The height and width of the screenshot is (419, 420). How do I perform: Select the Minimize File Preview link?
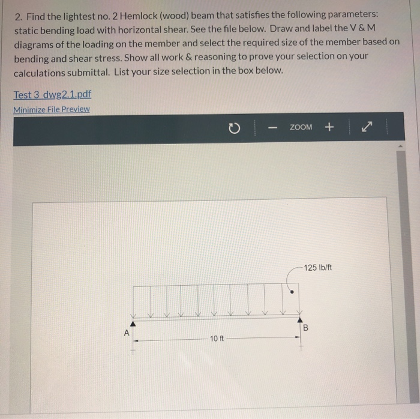[52, 109]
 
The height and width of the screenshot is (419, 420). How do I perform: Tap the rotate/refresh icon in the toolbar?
[235, 128]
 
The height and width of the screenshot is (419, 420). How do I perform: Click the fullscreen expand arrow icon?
[367, 127]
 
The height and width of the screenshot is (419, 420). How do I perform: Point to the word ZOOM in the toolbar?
[301, 127]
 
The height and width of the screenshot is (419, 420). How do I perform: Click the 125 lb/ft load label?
[317, 267]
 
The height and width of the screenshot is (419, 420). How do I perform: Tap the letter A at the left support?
[127, 331]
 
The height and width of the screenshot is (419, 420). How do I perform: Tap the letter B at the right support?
[305, 328]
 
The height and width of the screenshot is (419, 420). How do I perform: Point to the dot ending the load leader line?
[292, 292]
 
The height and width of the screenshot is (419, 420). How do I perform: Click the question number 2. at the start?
[19, 15]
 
